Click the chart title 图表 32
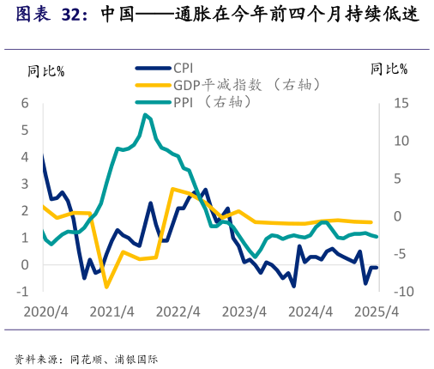click(51, 15)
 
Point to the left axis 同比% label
click(45, 70)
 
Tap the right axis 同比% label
click(389, 70)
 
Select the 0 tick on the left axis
click(25, 264)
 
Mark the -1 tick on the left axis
click(22, 292)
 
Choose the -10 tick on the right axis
click(383, 292)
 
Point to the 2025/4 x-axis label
click(378, 312)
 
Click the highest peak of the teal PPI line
click(145, 114)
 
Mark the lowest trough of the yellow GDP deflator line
click(106, 287)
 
